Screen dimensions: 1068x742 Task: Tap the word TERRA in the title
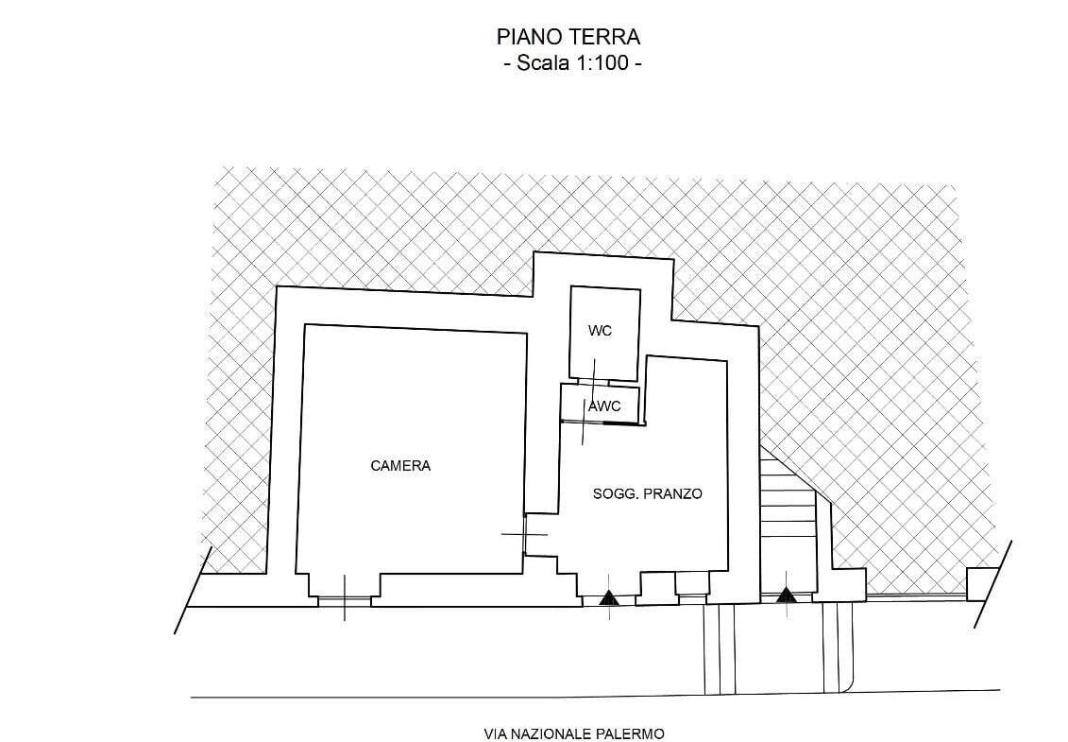click(x=606, y=36)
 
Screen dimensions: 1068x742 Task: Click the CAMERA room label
click(x=400, y=466)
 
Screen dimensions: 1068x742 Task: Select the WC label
click(x=600, y=331)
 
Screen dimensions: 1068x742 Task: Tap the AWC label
click(x=604, y=406)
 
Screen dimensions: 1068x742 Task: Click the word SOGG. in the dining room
click(x=616, y=493)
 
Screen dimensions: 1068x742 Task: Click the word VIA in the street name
click(x=494, y=734)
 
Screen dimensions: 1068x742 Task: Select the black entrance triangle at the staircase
click(x=786, y=595)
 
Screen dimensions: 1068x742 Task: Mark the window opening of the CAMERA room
click(x=345, y=601)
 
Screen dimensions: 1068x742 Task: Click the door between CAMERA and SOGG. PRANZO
click(x=526, y=534)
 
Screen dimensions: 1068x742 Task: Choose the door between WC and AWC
click(x=593, y=381)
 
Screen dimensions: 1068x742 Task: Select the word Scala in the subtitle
click(x=540, y=63)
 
